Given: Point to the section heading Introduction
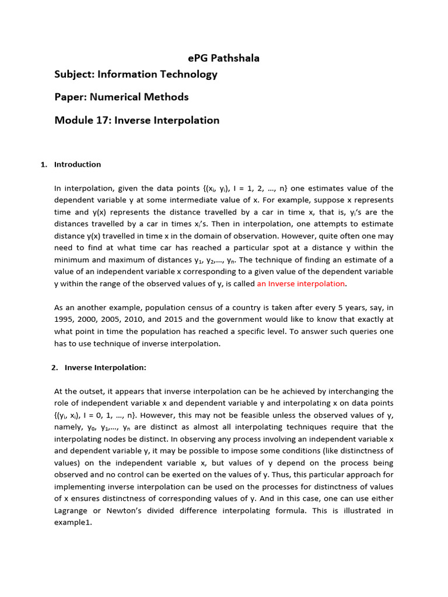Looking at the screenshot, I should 78,164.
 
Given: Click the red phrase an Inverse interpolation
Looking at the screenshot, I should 301,283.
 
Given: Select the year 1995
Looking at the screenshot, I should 64,319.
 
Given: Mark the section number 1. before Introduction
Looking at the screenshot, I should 44,164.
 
